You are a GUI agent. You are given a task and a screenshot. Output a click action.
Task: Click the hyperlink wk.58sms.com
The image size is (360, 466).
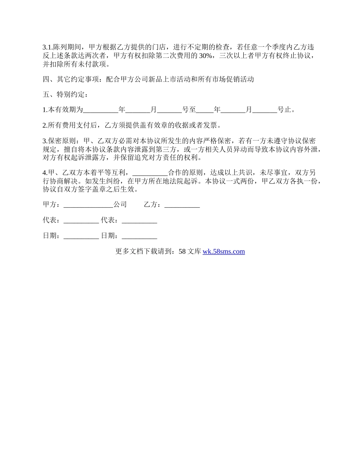[x=224, y=251]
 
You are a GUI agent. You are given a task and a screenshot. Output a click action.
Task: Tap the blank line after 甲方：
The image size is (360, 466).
[x=88, y=205]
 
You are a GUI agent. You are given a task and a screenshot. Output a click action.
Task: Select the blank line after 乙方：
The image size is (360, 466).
[x=182, y=205]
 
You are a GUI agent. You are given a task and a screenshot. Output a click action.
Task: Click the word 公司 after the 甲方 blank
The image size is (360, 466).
[x=120, y=205]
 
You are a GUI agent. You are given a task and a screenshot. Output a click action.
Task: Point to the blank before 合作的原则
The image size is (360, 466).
[x=150, y=173]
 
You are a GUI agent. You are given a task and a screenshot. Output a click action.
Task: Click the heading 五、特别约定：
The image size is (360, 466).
[x=65, y=95]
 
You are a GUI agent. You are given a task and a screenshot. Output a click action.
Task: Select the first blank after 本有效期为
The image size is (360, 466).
[x=100, y=110]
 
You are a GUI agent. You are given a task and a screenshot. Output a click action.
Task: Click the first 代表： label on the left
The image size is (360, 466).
[x=52, y=220]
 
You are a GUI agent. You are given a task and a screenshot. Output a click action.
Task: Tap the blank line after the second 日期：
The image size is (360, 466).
[x=139, y=236]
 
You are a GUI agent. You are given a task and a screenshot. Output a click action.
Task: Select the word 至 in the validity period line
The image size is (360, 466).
[x=193, y=110]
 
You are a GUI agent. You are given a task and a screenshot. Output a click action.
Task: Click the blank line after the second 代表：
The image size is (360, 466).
[x=139, y=220]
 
